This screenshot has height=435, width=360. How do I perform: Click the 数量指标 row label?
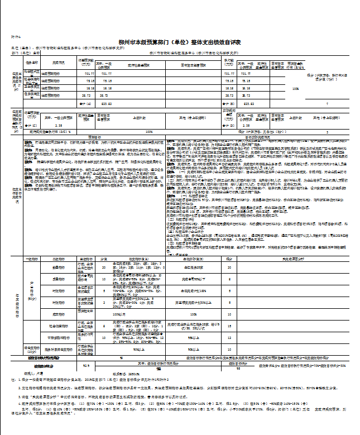click(x=60, y=267)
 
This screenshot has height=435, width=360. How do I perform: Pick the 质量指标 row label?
click(x=60, y=278)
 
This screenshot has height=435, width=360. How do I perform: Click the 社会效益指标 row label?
click(x=60, y=324)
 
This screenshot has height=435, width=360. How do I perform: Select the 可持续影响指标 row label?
click(x=60, y=338)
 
